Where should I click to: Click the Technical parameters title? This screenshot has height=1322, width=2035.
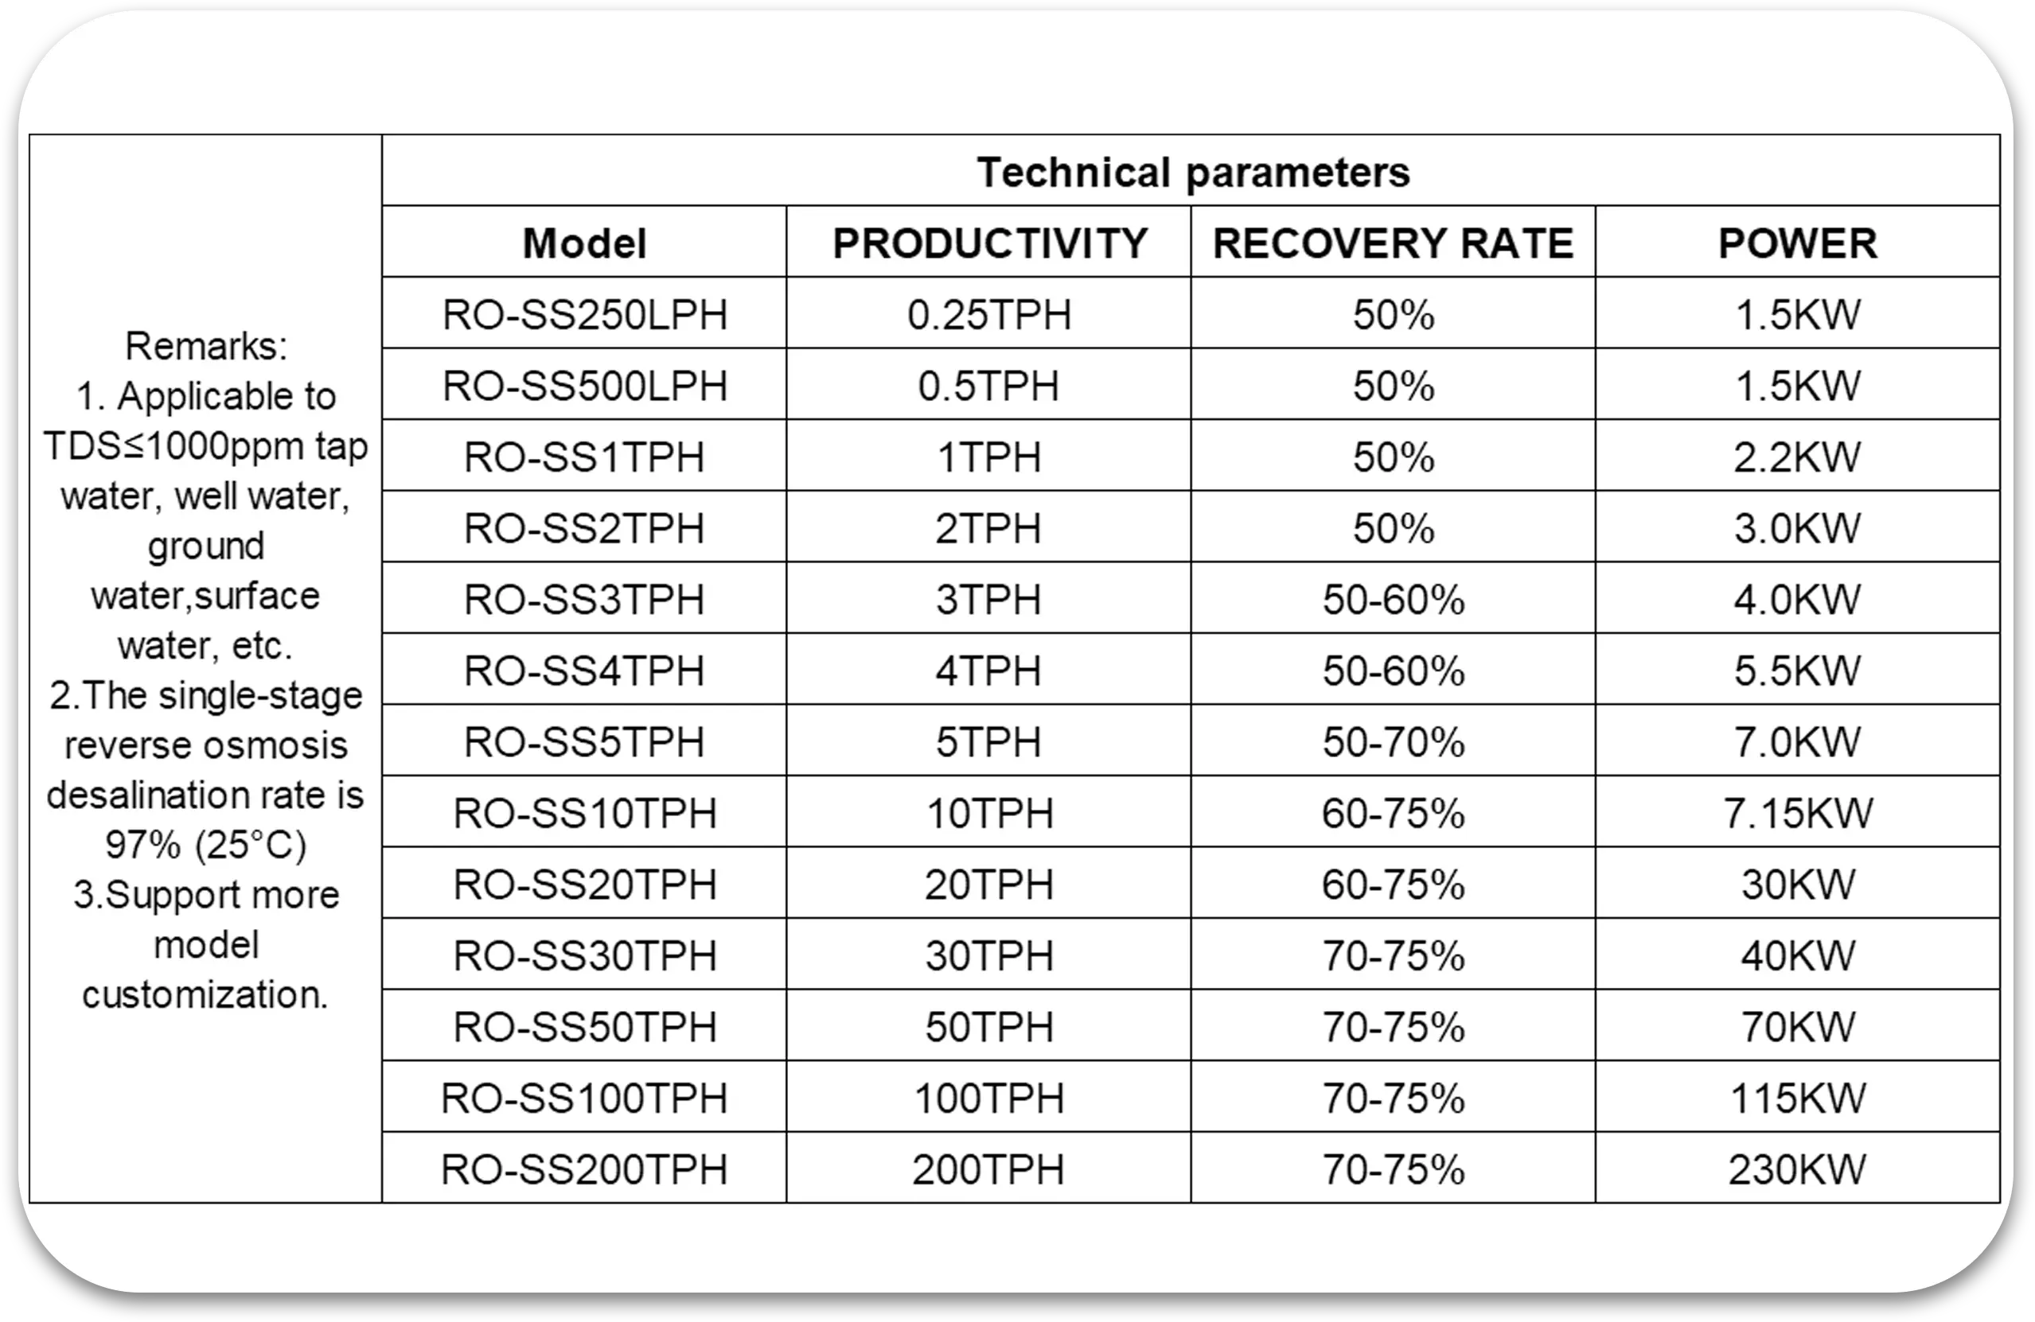point(1192,173)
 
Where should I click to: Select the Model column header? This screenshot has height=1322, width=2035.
point(584,243)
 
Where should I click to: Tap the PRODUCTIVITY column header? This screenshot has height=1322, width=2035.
point(989,243)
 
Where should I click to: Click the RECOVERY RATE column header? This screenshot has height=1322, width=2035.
point(1393,243)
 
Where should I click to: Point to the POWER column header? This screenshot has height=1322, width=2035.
point(1797,243)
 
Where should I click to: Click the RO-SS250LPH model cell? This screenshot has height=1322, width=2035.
point(584,314)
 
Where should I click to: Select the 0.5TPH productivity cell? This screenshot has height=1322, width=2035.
point(988,387)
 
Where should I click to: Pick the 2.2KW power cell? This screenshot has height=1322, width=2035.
point(1796,457)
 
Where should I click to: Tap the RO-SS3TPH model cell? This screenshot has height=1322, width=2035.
point(584,600)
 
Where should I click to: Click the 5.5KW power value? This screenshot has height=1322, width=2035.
point(1796,671)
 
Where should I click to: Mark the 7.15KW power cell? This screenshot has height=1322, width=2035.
point(1797,813)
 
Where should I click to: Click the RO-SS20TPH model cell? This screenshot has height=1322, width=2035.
point(584,885)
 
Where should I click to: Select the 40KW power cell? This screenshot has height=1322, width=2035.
point(1797,955)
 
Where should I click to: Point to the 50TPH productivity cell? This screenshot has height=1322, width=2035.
point(988,1027)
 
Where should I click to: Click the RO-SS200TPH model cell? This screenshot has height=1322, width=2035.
point(584,1169)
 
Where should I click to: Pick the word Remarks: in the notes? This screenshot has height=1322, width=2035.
point(206,346)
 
